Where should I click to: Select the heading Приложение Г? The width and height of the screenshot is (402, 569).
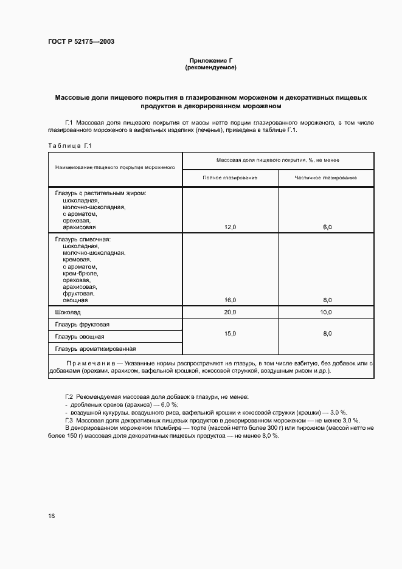coord(210,61)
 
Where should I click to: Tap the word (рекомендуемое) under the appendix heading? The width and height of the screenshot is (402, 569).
coord(210,67)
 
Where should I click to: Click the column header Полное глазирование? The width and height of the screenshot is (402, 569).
coord(230,178)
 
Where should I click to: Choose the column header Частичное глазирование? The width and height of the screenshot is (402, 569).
coord(326,178)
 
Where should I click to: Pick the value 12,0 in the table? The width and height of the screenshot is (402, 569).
coord(230,227)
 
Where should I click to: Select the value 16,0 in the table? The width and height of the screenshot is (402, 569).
coord(230,300)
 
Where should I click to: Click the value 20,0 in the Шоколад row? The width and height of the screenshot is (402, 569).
coord(230,312)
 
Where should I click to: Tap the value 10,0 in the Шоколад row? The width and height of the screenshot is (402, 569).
coord(326,312)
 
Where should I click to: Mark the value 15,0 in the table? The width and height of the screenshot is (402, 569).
coord(230,333)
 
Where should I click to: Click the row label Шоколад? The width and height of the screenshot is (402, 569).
coord(68,312)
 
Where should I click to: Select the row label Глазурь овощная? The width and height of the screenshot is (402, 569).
coord(80,337)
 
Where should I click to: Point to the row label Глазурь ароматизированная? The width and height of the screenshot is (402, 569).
coord(95,349)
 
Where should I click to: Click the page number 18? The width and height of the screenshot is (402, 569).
coord(52,516)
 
